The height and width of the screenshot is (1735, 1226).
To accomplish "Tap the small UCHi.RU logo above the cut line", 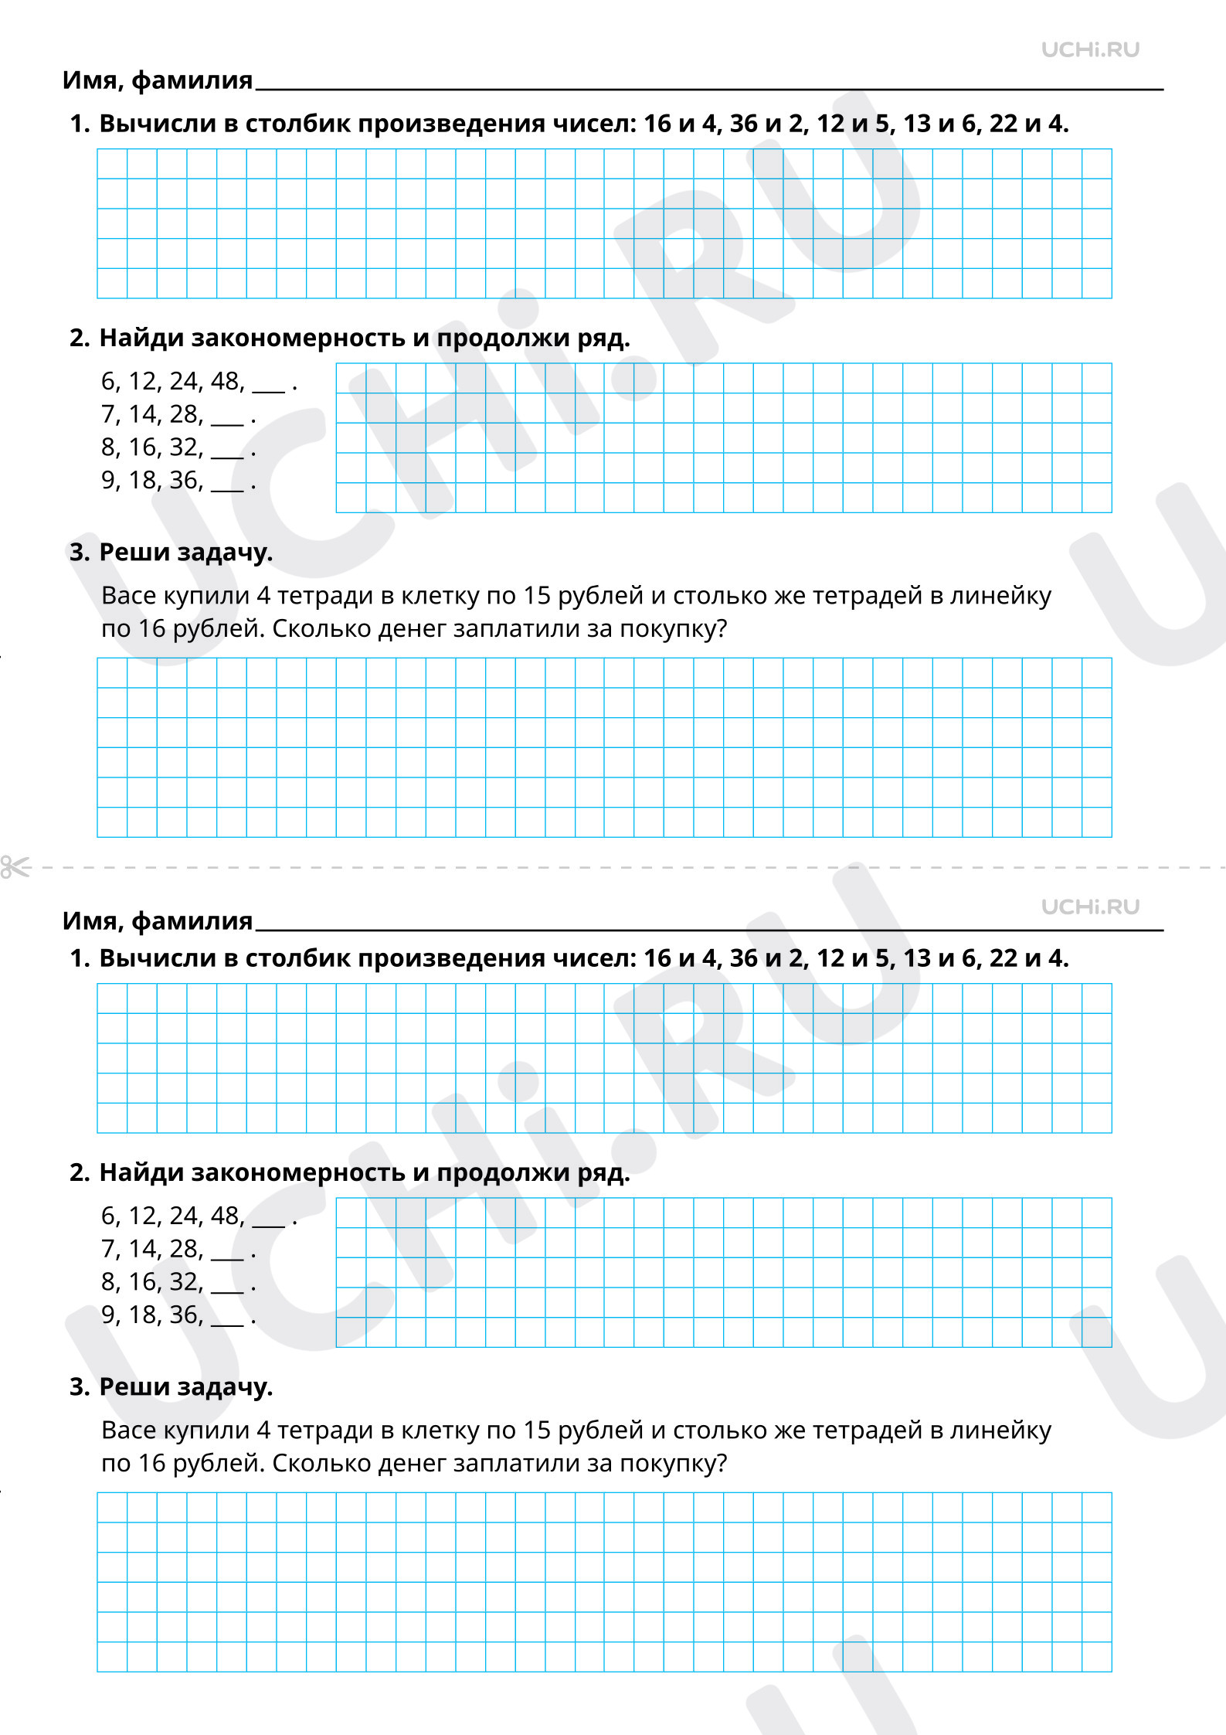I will [1090, 50].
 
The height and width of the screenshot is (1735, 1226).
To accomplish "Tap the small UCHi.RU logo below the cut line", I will [1090, 907].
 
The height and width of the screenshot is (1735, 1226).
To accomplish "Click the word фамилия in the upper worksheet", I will [192, 80].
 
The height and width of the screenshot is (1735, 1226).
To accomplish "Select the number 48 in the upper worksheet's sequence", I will [226, 381].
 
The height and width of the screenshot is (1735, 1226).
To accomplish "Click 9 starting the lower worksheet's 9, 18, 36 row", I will [108, 1315].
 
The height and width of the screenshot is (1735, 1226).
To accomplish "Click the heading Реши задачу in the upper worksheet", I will [186, 553].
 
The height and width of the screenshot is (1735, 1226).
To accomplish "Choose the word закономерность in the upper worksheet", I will [298, 338].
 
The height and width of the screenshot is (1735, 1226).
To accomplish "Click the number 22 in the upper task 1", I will [1004, 124].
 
